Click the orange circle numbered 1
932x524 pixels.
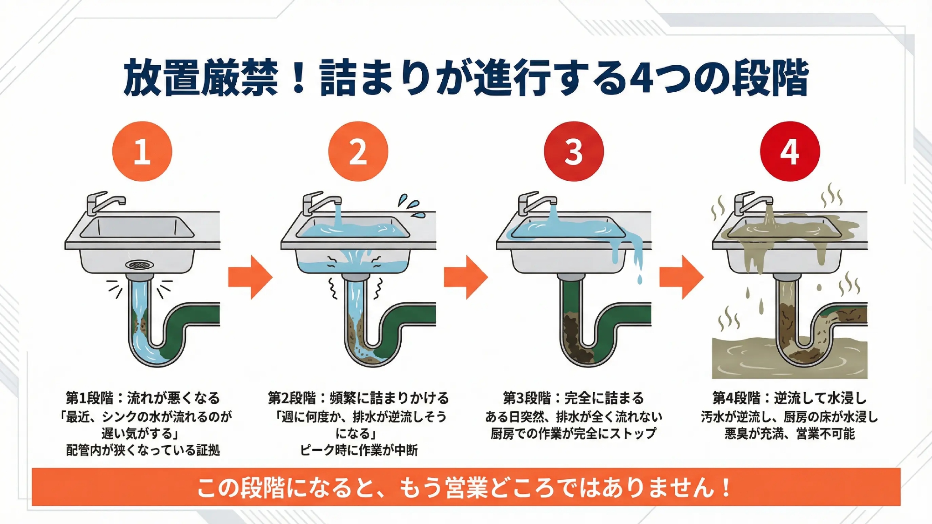142,151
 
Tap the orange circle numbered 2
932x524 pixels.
358,151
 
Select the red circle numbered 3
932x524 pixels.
574,151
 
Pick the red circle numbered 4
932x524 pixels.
789,151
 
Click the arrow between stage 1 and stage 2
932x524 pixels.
250,277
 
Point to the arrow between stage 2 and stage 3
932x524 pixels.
466,277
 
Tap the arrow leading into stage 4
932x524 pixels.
681,277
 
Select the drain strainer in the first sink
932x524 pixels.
139,265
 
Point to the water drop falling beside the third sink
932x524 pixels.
639,279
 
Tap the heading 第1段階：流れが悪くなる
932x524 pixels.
143,398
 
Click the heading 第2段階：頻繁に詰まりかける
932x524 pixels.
358,398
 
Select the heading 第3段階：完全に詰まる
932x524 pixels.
573,398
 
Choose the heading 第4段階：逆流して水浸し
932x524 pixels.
789,398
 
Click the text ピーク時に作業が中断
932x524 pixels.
358,450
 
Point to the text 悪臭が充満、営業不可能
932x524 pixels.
789,434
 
